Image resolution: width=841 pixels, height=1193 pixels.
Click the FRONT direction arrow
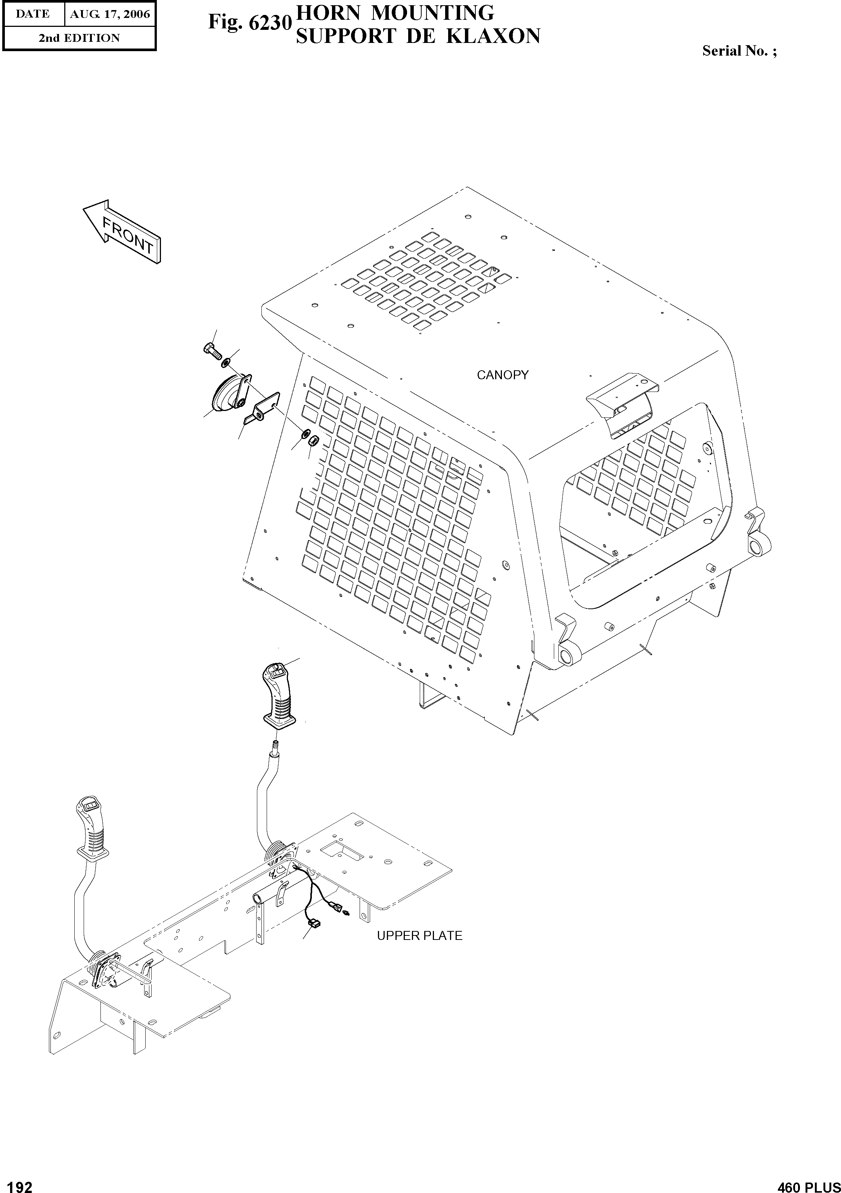pos(122,232)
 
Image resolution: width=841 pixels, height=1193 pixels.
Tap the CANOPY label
pos(502,375)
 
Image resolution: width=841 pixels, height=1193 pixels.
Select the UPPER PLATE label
pos(419,936)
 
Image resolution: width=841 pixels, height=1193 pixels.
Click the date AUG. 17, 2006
pos(110,14)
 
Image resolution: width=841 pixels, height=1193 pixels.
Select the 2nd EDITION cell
pos(79,38)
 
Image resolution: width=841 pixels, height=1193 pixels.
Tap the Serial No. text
pos(739,51)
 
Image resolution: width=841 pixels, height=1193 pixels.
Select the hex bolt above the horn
pos(211,350)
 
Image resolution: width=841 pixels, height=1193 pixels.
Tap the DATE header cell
pos(33,14)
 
